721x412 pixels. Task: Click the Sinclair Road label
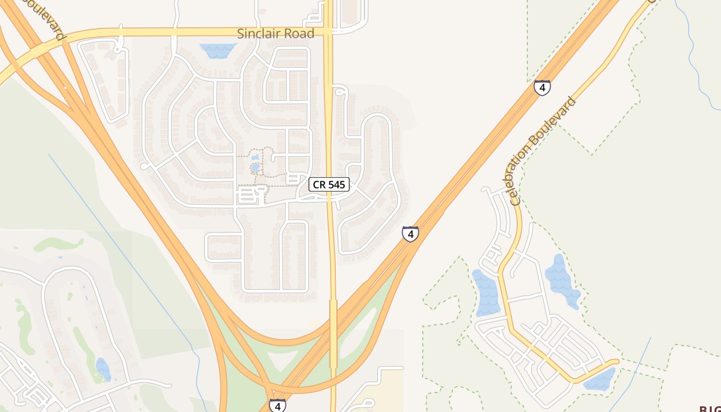(x=276, y=34)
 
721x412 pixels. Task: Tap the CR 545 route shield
(x=329, y=184)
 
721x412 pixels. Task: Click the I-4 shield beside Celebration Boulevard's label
(x=542, y=88)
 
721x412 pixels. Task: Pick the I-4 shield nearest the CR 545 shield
(x=410, y=234)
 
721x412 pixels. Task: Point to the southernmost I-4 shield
(x=277, y=405)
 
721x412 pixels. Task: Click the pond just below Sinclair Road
(x=218, y=50)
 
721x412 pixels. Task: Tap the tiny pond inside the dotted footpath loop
(x=255, y=167)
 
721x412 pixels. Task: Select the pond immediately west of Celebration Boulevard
(x=485, y=293)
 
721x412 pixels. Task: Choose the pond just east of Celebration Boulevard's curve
(x=562, y=281)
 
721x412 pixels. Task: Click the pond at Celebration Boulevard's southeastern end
(x=600, y=380)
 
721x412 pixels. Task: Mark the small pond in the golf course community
(x=103, y=369)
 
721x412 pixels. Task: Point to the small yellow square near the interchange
(x=314, y=323)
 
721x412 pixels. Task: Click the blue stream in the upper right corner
(x=695, y=57)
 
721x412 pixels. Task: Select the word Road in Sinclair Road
(x=297, y=34)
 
